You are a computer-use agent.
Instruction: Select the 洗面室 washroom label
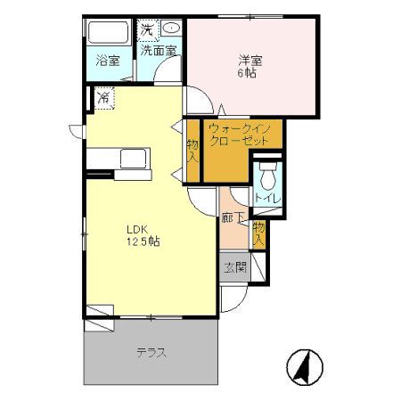point(160,52)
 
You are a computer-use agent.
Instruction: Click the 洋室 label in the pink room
point(249,61)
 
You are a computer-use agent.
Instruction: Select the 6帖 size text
point(249,73)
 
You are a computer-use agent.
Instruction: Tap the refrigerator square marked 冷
point(104,96)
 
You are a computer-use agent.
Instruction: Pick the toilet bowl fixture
point(266,173)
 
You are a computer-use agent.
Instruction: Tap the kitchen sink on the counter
point(134,160)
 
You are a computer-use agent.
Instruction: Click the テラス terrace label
point(151,352)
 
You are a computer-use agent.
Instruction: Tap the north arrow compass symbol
point(307,366)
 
